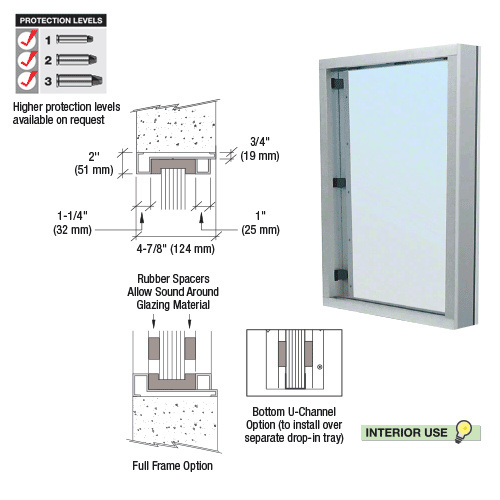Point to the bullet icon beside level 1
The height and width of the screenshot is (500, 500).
74,39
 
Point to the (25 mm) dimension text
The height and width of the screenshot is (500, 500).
260,229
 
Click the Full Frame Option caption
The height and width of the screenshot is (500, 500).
172,465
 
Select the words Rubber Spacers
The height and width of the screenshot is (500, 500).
176,277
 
